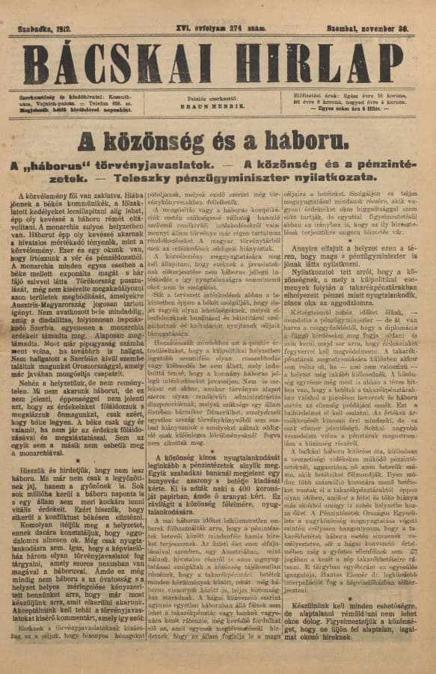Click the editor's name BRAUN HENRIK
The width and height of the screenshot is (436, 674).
[217, 107]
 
